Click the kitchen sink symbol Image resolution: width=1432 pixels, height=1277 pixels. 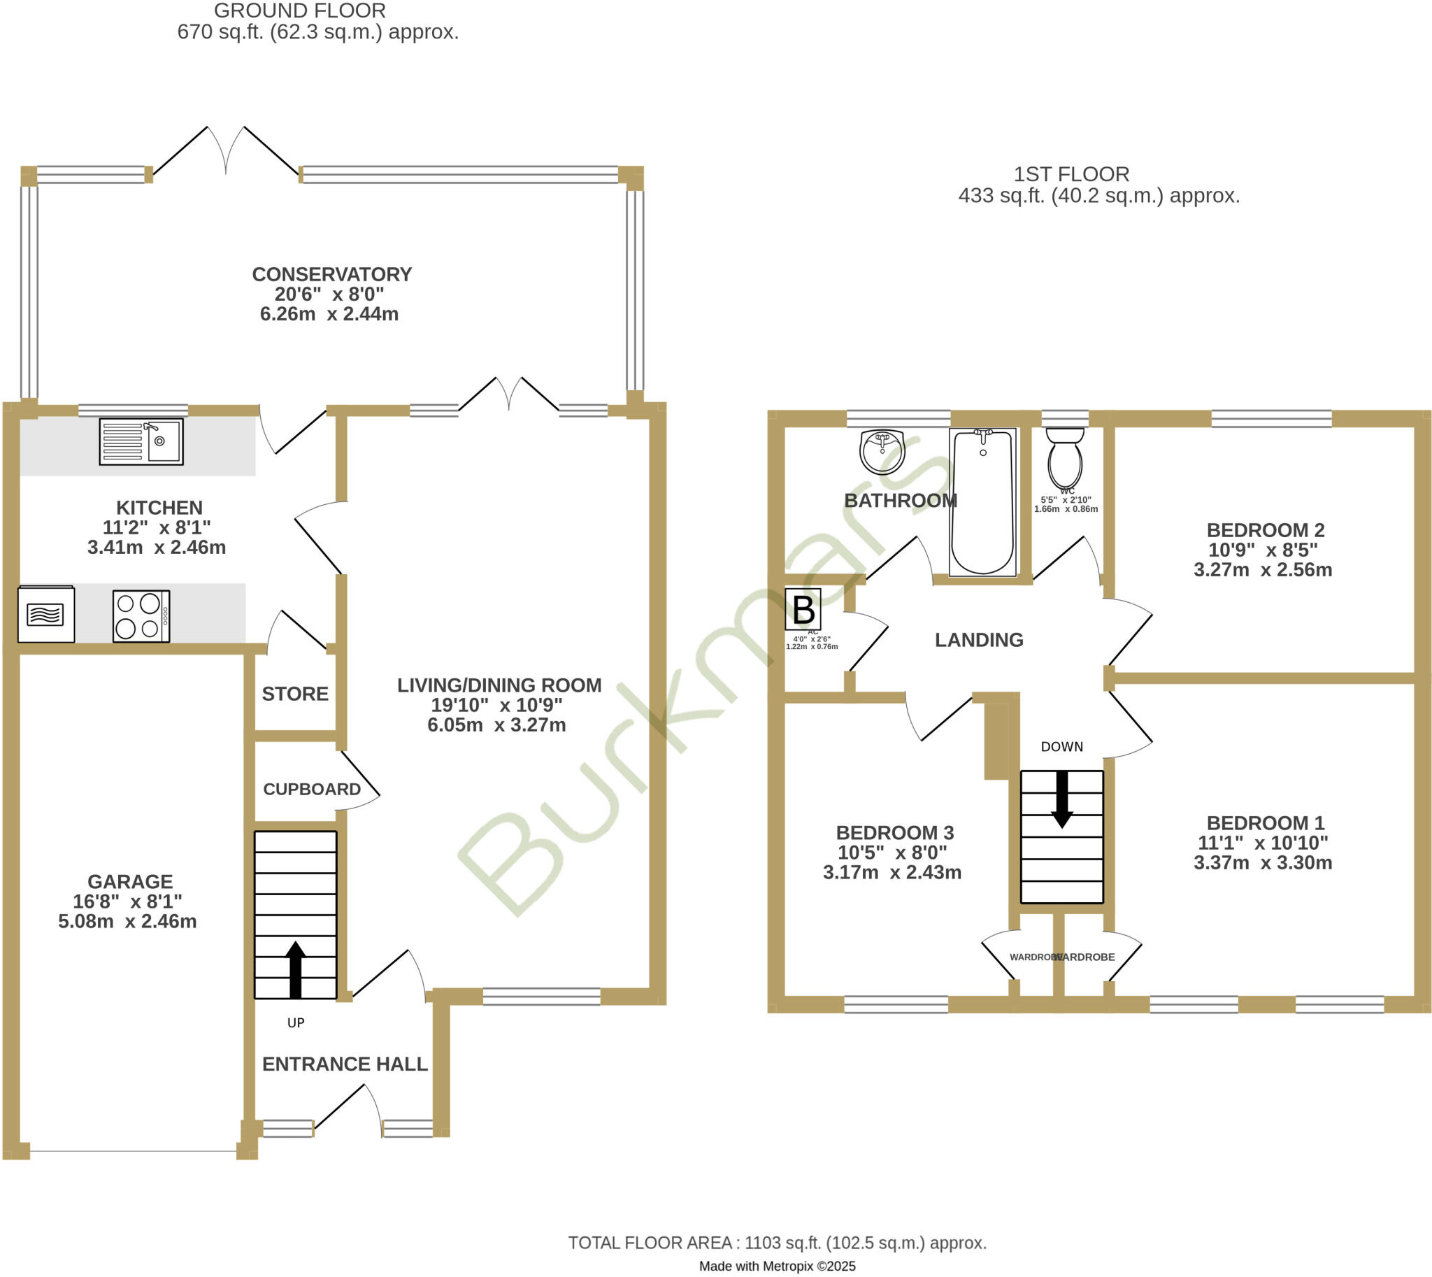pos(141,442)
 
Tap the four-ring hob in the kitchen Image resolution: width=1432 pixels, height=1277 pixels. pos(141,616)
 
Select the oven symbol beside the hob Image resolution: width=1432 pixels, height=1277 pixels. pos(46,614)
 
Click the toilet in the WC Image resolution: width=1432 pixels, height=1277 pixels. pos(1064,457)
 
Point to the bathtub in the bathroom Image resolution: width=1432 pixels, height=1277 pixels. pos(982,502)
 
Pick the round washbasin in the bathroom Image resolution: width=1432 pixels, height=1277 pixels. pos(882,452)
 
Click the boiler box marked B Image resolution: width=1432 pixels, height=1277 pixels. pos(803,609)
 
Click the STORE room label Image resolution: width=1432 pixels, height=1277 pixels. pos(294,694)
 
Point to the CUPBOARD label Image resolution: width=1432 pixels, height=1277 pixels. pos(312,790)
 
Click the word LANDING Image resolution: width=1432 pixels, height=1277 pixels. pos(979,640)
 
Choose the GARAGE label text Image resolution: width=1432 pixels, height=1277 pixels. pos(130,881)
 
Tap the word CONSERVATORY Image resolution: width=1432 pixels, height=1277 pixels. pos(332,274)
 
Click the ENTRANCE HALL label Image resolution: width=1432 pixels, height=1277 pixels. pos(345,1064)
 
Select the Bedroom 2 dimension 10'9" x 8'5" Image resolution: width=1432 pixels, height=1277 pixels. pos(1262,550)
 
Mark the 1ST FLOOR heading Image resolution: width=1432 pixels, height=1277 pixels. pos(1071,174)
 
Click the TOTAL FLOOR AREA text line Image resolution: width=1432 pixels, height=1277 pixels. pos(777,1243)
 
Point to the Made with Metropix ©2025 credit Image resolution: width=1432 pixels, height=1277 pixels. pos(777,1266)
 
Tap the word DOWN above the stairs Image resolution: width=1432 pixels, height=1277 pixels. pos(1061,747)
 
